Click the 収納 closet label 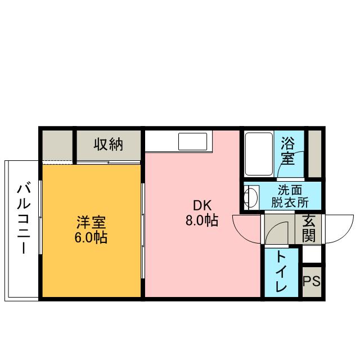point(108,145)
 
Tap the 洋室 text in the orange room point(91,222)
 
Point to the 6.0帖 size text point(91,237)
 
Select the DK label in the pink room point(202,205)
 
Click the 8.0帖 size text point(202,220)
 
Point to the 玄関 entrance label point(308,228)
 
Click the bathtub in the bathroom point(259,154)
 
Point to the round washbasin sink point(251,197)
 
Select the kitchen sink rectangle point(194,141)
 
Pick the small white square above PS point(311,255)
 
